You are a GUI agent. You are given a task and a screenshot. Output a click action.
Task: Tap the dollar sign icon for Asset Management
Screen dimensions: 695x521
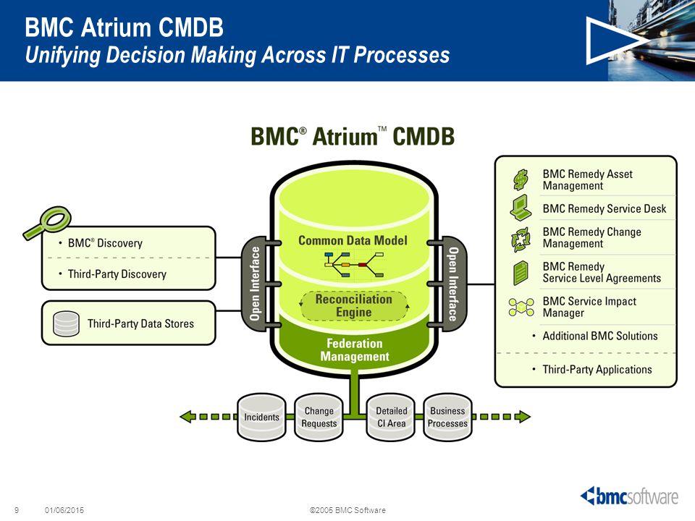pyautogui.click(x=521, y=179)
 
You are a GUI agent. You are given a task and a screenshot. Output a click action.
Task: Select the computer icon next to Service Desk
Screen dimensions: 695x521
pyautogui.click(x=521, y=208)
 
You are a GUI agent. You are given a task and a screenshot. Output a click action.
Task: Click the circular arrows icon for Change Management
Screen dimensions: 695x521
pyautogui.click(x=521, y=240)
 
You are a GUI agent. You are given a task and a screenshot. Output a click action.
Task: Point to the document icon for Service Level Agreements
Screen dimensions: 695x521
pyautogui.click(x=521, y=273)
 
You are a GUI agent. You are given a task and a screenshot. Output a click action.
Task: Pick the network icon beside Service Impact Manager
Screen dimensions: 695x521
pyautogui.click(x=521, y=307)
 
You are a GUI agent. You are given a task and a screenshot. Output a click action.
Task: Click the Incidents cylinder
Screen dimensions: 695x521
pyautogui.click(x=261, y=417)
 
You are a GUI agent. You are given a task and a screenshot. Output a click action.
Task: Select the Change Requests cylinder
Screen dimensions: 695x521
pyautogui.click(x=319, y=417)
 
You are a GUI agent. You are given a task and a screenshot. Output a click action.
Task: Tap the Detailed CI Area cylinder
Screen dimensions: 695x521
pyautogui.click(x=392, y=417)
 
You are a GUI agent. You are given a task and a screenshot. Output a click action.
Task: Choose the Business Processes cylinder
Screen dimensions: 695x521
pyautogui.click(x=447, y=417)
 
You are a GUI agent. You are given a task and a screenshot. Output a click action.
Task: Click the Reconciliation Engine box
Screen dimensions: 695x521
pyautogui.click(x=354, y=305)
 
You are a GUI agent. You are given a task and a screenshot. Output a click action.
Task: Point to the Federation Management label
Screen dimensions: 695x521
pyautogui.click(x=355, y=350)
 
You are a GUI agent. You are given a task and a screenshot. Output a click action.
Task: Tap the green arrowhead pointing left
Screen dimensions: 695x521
pyautogui.click(x=187, y=417)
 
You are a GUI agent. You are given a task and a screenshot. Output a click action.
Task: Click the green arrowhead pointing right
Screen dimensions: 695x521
pyautogui.click(x=523, y=417)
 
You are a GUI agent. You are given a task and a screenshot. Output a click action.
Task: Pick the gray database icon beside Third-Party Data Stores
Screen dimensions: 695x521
pyautogui.click(x=66, y=324)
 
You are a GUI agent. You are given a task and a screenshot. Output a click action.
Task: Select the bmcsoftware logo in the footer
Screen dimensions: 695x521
pyautogui.click(x=629, y=496)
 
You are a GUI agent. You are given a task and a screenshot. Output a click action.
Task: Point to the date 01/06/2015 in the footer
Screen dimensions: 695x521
pyautogui.click(x=64, y=510)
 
